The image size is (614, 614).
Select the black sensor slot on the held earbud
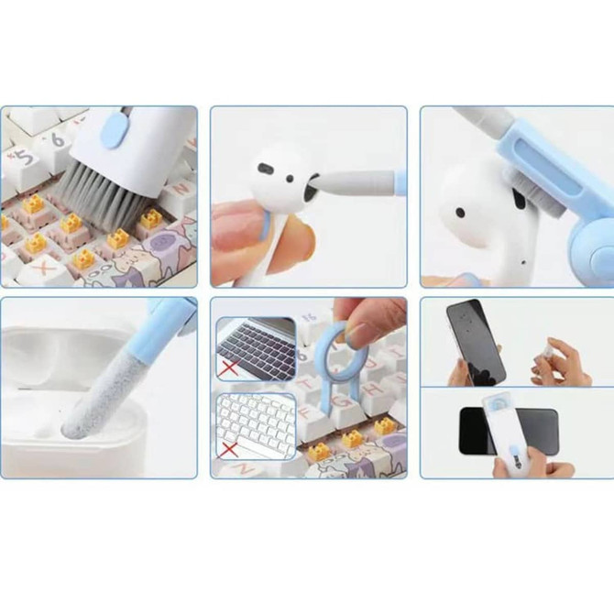(x=266, y=170)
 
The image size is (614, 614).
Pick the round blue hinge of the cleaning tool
(x=592, y=247)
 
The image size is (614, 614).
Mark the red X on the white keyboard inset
(x=230, y=450)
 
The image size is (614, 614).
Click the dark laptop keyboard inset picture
(x=256, y=348)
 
